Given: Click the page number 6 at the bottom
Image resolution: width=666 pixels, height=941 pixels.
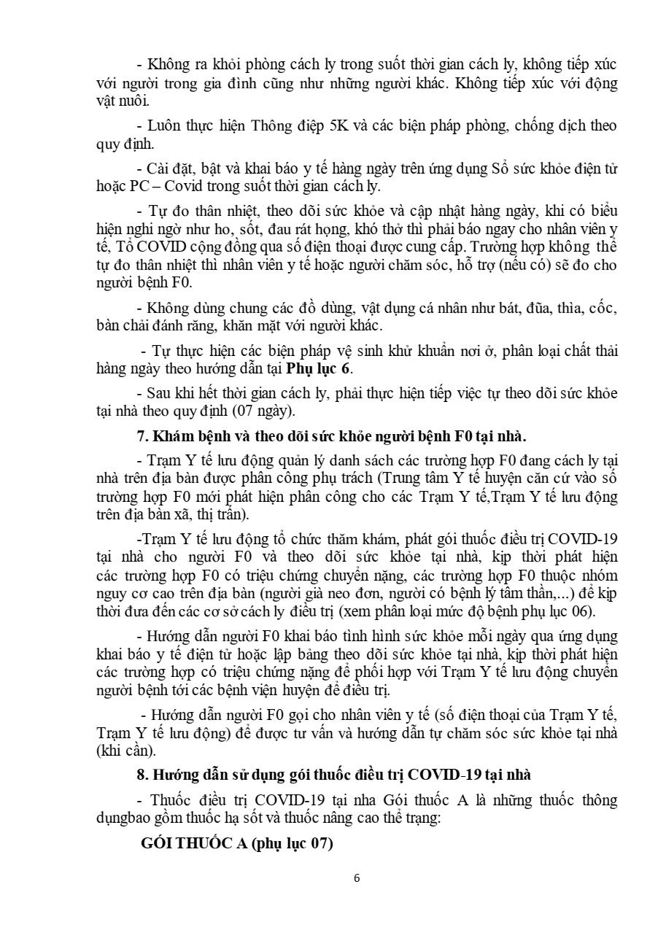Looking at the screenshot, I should pos(356,878).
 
